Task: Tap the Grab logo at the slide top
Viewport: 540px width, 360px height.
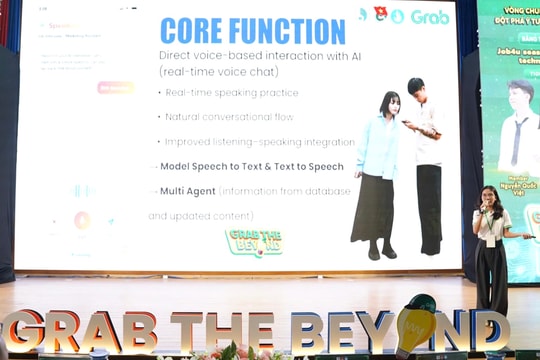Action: (430, 16)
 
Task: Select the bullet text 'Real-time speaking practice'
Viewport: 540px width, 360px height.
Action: (232, 93)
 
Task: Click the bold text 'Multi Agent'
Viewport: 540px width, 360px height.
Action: (187, 190)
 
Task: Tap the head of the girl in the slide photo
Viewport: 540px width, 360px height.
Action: (389, 103)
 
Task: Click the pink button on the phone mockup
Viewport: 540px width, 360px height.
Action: (114, 87)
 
